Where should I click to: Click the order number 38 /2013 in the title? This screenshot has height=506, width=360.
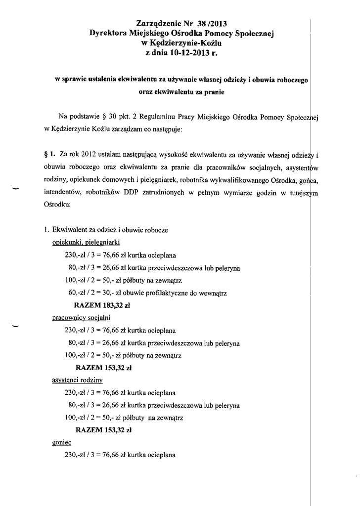pyautogui.click(x=213, y=23)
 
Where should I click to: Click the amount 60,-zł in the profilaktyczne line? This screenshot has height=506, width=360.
pyautogui.click(x=80, y=293)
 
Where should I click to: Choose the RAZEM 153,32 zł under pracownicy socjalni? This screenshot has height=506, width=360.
pyautogui.click(x=103, y=368)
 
